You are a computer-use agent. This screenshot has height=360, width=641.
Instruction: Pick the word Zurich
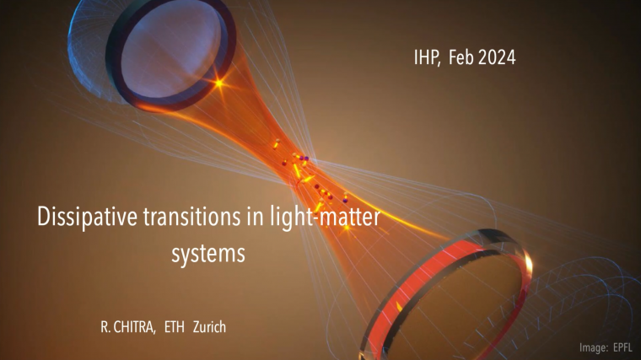tap(212, 325)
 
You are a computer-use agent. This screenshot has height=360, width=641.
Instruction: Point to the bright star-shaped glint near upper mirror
tap(222, 83)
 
